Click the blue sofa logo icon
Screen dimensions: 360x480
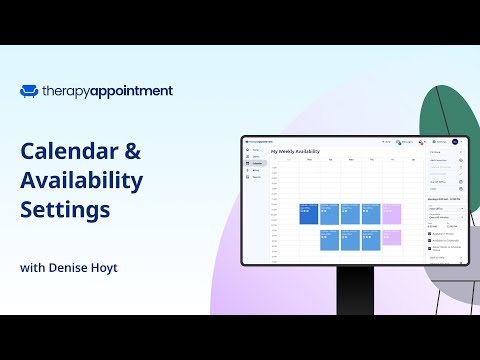[29, 91]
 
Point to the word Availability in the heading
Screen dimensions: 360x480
[81, 182]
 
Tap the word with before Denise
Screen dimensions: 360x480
[32, 268]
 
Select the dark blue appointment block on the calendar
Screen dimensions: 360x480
[308, 214]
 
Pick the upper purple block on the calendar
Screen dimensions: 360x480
[391, 214]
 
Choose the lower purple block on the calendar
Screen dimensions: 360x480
[391, 240]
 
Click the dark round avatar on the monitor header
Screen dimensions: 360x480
[453, 142]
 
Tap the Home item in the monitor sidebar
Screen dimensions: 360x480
[256, 151]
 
